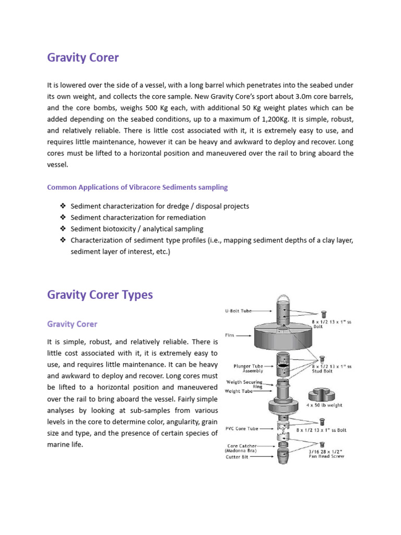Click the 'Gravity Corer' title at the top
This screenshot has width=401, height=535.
pyautogui.click(x=83, y=57)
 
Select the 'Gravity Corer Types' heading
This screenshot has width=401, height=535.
pyautogui.click(x=100, y=295)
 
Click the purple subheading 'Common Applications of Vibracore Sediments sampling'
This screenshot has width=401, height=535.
pyautogui.click(x=137, y=187)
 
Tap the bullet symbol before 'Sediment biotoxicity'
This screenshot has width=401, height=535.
pyautogui.click(x=63, y=229)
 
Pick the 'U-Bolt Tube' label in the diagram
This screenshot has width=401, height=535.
pyautogui.click(x=238, y=311)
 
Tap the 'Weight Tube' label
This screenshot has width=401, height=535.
pyautogui.click(x=239, y=391)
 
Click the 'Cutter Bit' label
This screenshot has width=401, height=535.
pyautogui.click(x=238, y=456)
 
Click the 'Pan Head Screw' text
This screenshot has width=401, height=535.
pyautogui.click(x=326, y=456)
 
